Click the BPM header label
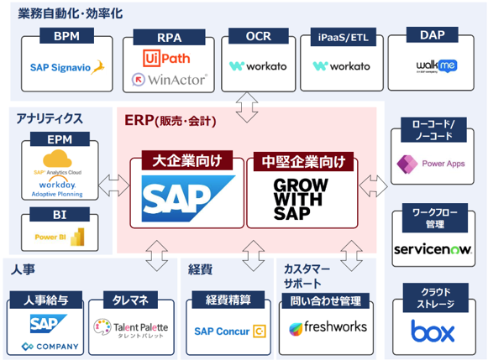[67, 37]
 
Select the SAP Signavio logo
[67, 66]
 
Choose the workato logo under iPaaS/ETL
[341, 66]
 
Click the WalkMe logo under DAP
[435, 65]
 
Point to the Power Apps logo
[435, 164]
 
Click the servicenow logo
[435, 250]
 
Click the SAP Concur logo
[228, 331]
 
